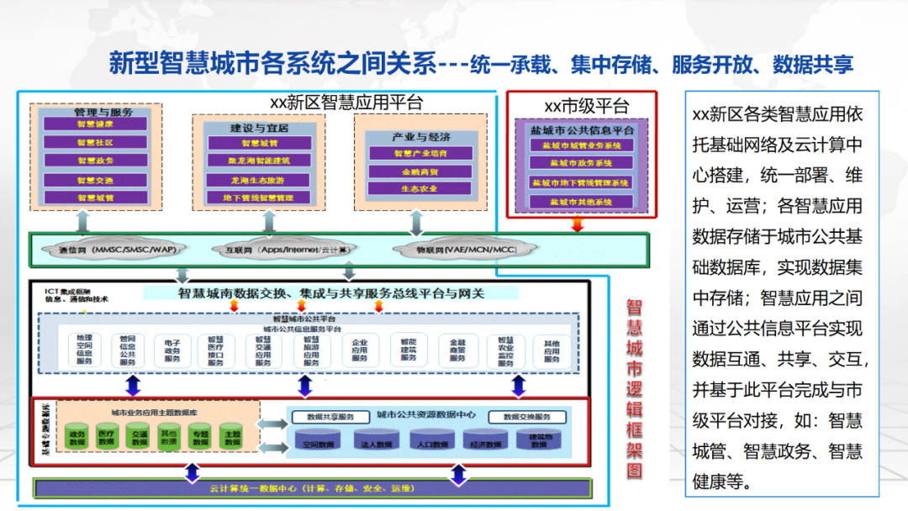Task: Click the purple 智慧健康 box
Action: coord(95,124)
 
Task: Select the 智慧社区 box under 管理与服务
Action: coord(95,142)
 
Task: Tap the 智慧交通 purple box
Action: coord(95,180)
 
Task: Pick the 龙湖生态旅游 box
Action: coord(257,180)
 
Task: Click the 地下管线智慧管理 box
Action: coord(257,198)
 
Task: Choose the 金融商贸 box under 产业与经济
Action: coord(420,171)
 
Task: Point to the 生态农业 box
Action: coord(420,189)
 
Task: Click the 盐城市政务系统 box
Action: coord(580,163)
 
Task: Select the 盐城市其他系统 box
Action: coord(580,202)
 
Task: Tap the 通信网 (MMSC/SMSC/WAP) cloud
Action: coord(117,250)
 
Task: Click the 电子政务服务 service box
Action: coord(172,350)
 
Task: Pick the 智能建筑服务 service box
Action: coord(409,350)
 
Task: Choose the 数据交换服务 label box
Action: coord(527,417)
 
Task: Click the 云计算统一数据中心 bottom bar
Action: coord(311,488)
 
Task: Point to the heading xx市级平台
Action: coord(586,107)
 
